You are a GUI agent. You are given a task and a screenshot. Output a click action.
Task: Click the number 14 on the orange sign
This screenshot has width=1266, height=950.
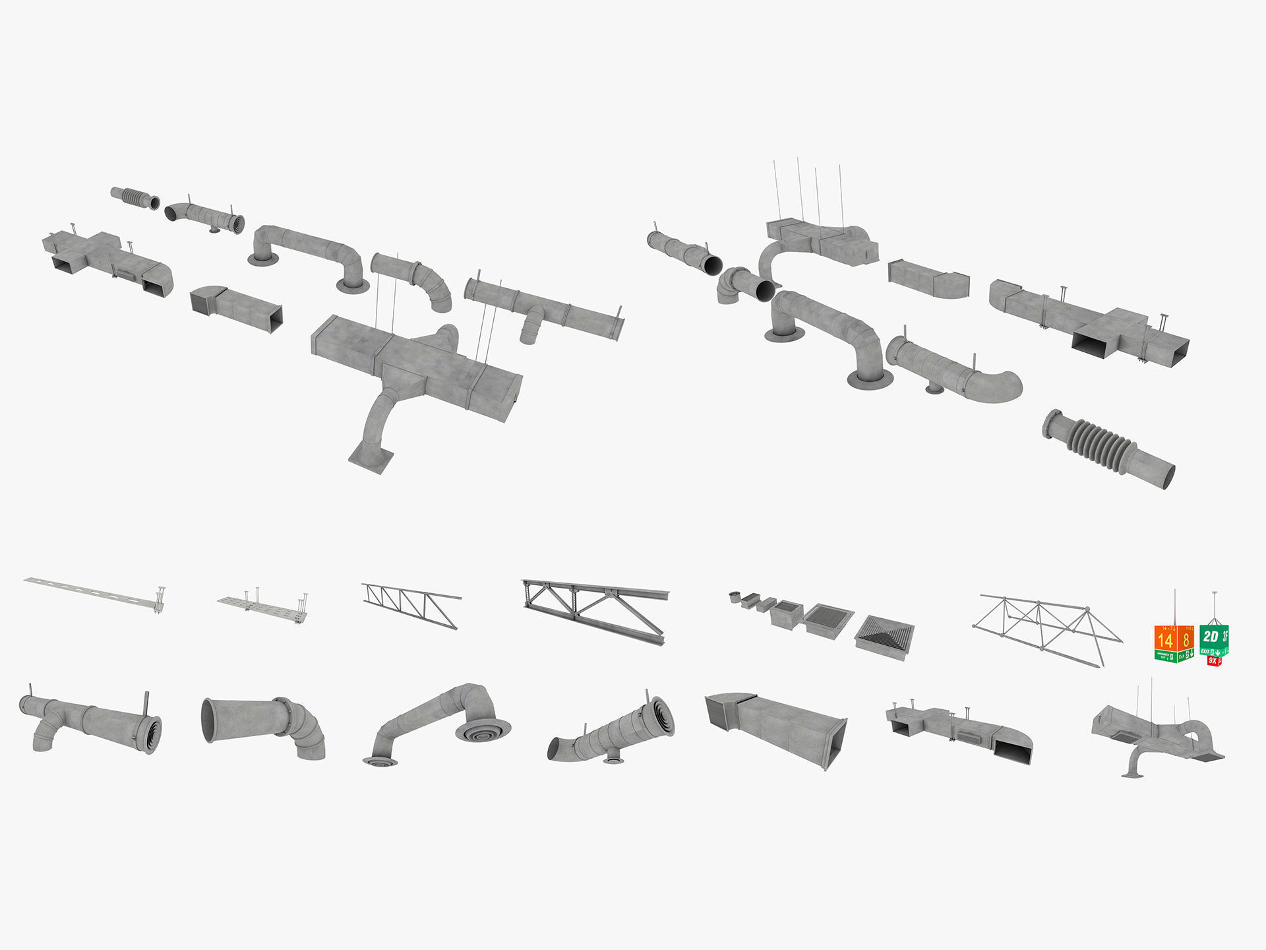pos(1165,639)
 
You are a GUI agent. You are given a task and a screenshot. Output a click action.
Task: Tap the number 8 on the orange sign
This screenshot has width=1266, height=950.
pos(1186,639)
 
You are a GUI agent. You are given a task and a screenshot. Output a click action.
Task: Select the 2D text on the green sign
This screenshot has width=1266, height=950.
pos(1210,636)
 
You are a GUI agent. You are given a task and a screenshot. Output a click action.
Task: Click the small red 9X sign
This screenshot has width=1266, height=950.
pos(1213,660)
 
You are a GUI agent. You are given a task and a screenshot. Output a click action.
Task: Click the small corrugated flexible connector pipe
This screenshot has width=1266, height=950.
pos(135,197)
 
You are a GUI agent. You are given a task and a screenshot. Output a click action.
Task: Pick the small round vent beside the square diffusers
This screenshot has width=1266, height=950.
pos(733,598)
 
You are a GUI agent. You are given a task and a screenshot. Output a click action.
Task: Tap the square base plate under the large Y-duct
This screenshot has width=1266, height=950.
pos(371,457)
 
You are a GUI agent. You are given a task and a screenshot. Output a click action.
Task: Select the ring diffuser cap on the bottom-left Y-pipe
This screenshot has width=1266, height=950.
pos(153,734)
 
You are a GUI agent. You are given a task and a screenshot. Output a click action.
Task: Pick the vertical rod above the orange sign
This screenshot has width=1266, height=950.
pos(1174,607)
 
